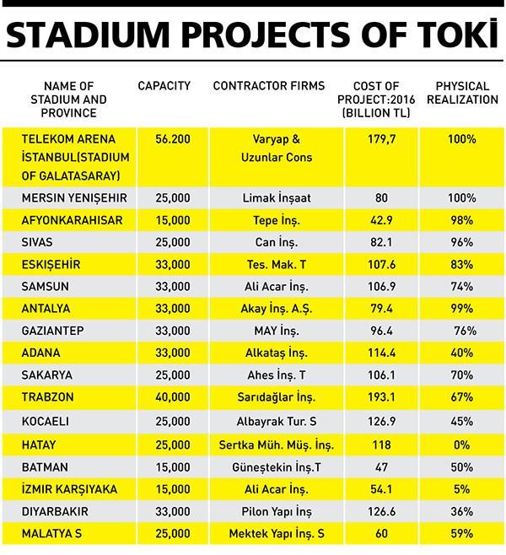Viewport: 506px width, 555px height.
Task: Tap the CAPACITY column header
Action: coord(164,86)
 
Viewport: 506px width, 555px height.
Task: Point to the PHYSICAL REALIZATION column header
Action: coord(462,93)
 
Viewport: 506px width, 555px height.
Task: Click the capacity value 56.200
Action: coord(173,139)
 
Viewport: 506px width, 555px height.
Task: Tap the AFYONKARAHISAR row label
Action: coord(73,220)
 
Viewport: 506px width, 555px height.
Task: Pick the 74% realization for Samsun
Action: coord(462,287)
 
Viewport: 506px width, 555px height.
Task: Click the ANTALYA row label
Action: coord(46,309)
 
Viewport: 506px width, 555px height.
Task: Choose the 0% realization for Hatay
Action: coord(462,445)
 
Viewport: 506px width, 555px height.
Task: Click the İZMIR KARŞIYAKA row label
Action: coord(69,489)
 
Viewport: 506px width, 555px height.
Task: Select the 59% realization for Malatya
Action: coord(462,533)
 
